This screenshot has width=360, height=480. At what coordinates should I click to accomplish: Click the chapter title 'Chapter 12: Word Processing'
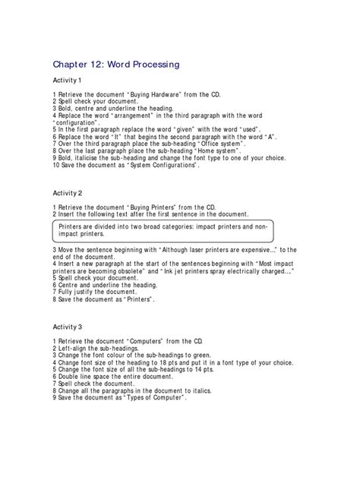click(115, 65)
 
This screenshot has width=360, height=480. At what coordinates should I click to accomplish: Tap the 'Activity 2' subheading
click(70, 194)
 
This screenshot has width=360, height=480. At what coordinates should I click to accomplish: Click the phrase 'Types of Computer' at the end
click(153, 396)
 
